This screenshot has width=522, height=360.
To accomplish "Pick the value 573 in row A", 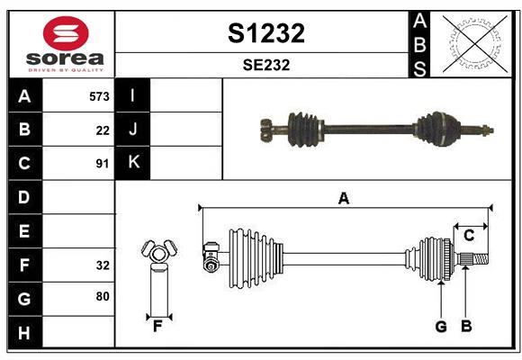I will click(99, 96).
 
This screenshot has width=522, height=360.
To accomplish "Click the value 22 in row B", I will click(103, 130).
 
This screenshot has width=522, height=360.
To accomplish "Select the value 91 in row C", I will click(103, 164).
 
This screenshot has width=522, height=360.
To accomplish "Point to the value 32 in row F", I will click(103, 265).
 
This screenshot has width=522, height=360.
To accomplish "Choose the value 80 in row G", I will click(103, 297).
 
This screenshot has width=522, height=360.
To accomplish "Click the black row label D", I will click(24, 197).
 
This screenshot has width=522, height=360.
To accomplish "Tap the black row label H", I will click(24, 332).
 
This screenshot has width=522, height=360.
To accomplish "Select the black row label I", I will click(133, 96).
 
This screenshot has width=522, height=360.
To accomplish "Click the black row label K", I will click(133, 163).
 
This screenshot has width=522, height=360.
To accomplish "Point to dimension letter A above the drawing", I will click(343, 198).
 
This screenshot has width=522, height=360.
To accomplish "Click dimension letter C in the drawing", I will click(469, 236).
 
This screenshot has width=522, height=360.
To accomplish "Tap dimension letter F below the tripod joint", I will click(157, 327).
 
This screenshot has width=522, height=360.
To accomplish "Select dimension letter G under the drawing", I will click(441, 327).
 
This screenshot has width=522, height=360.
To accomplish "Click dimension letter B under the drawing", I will click(466, 327).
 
